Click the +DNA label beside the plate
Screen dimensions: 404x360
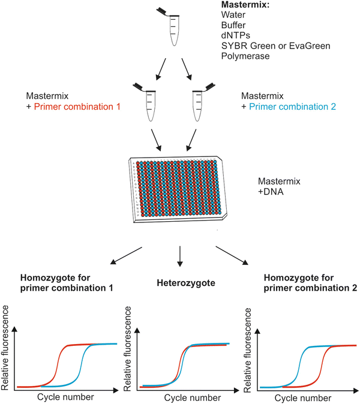[271, 191]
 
